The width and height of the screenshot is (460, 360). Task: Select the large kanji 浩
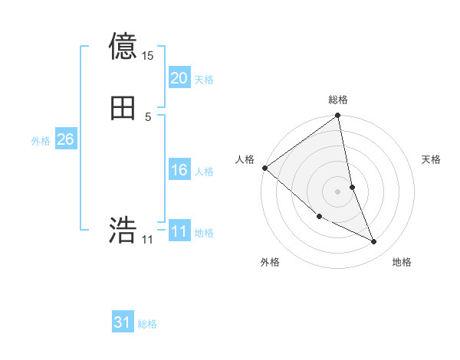123,229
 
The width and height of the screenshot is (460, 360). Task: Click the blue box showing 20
179,78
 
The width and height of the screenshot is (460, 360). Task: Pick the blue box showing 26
65,139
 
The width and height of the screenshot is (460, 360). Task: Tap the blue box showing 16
179,170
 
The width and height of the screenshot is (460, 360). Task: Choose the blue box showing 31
123,323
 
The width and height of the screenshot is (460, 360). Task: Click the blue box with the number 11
179,231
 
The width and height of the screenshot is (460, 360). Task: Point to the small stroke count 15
148,56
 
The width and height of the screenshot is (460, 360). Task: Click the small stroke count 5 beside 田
149,117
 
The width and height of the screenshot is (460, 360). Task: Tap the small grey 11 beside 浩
148,240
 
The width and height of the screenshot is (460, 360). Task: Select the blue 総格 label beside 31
147,324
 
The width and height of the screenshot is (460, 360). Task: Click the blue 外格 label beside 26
41,141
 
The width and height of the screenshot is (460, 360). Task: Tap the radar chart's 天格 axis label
432,159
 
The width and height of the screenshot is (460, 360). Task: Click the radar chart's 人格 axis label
245,159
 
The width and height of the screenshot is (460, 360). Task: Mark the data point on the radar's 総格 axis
338,116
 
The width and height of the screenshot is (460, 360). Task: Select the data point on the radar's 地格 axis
374,241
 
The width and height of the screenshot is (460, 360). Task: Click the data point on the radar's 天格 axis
352,187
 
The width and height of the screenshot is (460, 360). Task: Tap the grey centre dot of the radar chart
338,191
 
